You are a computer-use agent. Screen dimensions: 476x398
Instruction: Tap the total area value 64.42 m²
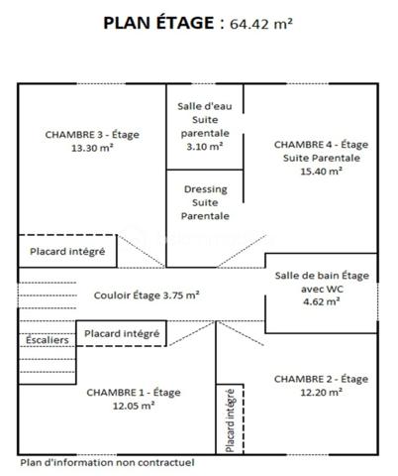tap(260, 24)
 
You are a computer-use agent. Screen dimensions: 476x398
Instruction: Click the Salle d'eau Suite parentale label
tap(204, 118)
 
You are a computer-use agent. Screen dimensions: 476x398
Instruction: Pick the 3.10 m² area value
tap(204, 146)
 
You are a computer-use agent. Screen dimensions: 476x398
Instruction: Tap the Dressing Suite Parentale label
tap(204, 201)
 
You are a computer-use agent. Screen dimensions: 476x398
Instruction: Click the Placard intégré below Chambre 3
tap(67, 251)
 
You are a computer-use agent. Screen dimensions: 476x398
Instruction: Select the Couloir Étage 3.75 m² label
tap(147, 295)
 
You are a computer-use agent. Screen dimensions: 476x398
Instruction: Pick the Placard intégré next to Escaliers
tap(122, 334)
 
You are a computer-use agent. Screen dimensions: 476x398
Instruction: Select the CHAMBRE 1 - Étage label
tap(120, 391)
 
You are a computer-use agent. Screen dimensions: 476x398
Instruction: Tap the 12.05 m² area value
tap(120, 405)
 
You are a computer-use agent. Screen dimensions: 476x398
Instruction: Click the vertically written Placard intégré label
tap(230, 421)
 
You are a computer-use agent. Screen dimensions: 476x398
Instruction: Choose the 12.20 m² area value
tap(322, 392)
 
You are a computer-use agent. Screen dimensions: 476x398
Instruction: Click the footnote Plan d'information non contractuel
tap(107, 462)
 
